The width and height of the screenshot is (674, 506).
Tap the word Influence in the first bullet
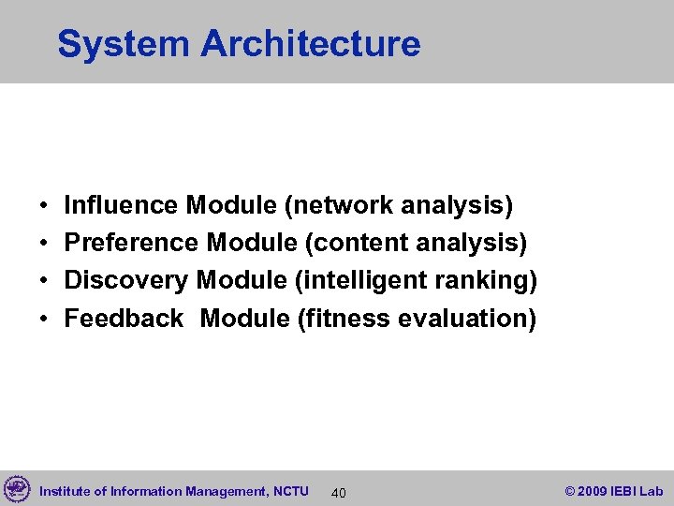click(121, 204)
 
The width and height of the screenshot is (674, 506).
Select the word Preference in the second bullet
click(131, 243)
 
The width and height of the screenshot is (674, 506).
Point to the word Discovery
click(126, 280)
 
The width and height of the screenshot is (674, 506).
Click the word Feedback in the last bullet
click(124, 319)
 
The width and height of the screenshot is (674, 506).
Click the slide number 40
click(339, 492)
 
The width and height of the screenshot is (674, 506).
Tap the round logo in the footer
click(17, 489)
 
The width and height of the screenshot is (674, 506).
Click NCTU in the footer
click(292, 491)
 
